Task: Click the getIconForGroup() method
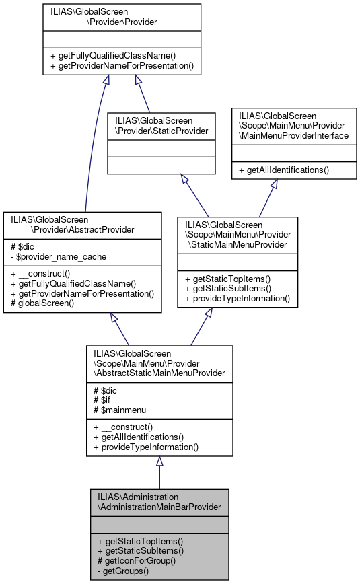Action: click(137, 560)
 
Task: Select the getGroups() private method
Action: click(125, 571)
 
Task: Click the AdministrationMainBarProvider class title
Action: click(159, 501)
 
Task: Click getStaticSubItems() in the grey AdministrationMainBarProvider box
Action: click(140, 550)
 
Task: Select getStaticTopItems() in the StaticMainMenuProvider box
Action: click(227, 279)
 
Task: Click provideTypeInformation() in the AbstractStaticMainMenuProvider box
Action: click(146, 447)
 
